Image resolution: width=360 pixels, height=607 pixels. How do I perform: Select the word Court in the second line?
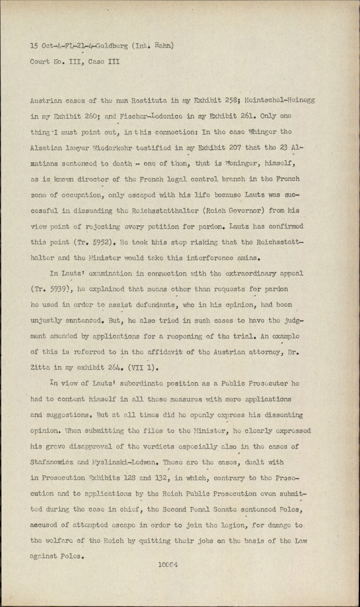(40, 61)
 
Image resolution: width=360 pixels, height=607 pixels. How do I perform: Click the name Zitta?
(40, 368)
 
